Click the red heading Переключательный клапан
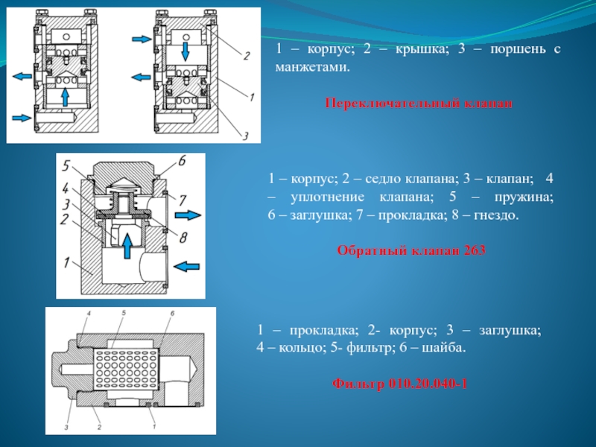click(x=419, y=103)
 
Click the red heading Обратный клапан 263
click(x=411, y=251)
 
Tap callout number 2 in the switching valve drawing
click(x=246, y=54)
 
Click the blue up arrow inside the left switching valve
click(x=66, y=97)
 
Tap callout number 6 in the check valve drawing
click(x=181, y=161)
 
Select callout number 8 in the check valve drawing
click(x=183, y=236)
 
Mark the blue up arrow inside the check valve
click(x=127, y=244)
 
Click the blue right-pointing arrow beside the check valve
click(x=187, y=215)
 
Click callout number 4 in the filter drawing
click(x=89, y=313)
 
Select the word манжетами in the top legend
click(x=308, y=66)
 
